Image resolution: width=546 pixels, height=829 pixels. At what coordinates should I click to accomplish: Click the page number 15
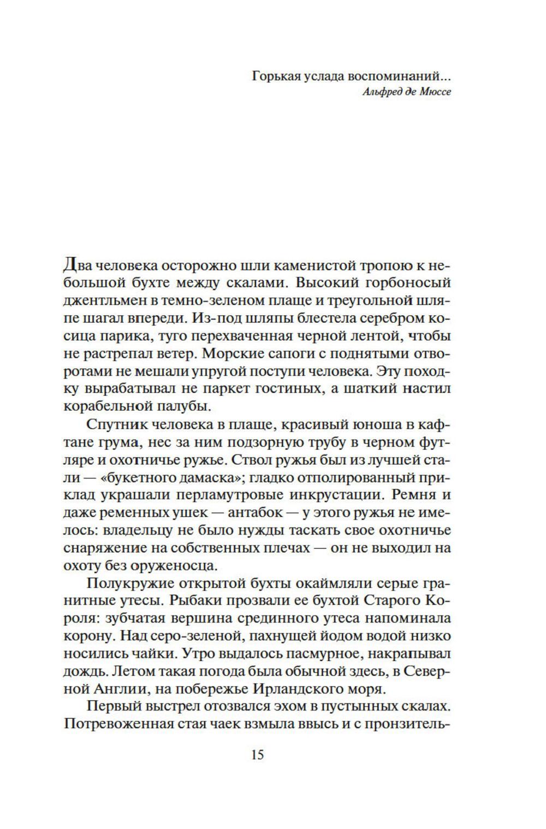pos(257,755)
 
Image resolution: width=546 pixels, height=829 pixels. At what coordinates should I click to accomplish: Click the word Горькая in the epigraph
pos(277,76)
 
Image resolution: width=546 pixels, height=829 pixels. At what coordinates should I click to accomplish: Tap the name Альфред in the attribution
pos(369,92)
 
